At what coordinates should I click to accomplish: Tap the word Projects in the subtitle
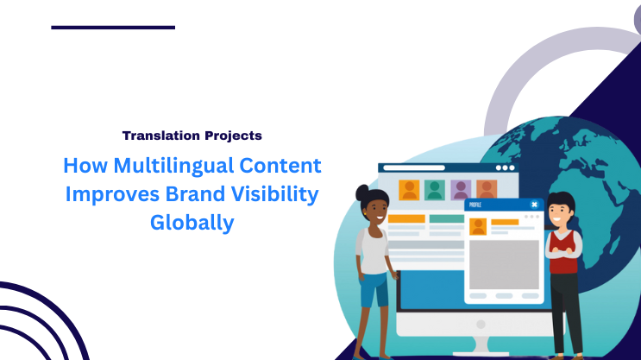[228, 136]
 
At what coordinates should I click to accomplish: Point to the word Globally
[192, 223]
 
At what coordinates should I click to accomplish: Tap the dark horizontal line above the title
[113, 28]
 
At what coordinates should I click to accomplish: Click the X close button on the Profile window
[534, 205]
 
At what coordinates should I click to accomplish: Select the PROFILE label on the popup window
[477, 205]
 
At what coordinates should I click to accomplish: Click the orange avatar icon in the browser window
[409, 189]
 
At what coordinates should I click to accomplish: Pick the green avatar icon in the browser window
[435, 189]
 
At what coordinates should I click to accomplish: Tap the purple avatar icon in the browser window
[461, 189]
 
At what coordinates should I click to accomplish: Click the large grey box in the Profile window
[503, 264]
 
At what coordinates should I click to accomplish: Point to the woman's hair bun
[363, 192]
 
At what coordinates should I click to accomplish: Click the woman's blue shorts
[374, 291]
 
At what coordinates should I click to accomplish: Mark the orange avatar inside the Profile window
[478, 227]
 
